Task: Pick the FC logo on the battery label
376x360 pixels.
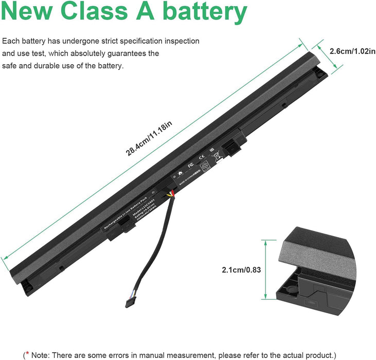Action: [x=190, y=165]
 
